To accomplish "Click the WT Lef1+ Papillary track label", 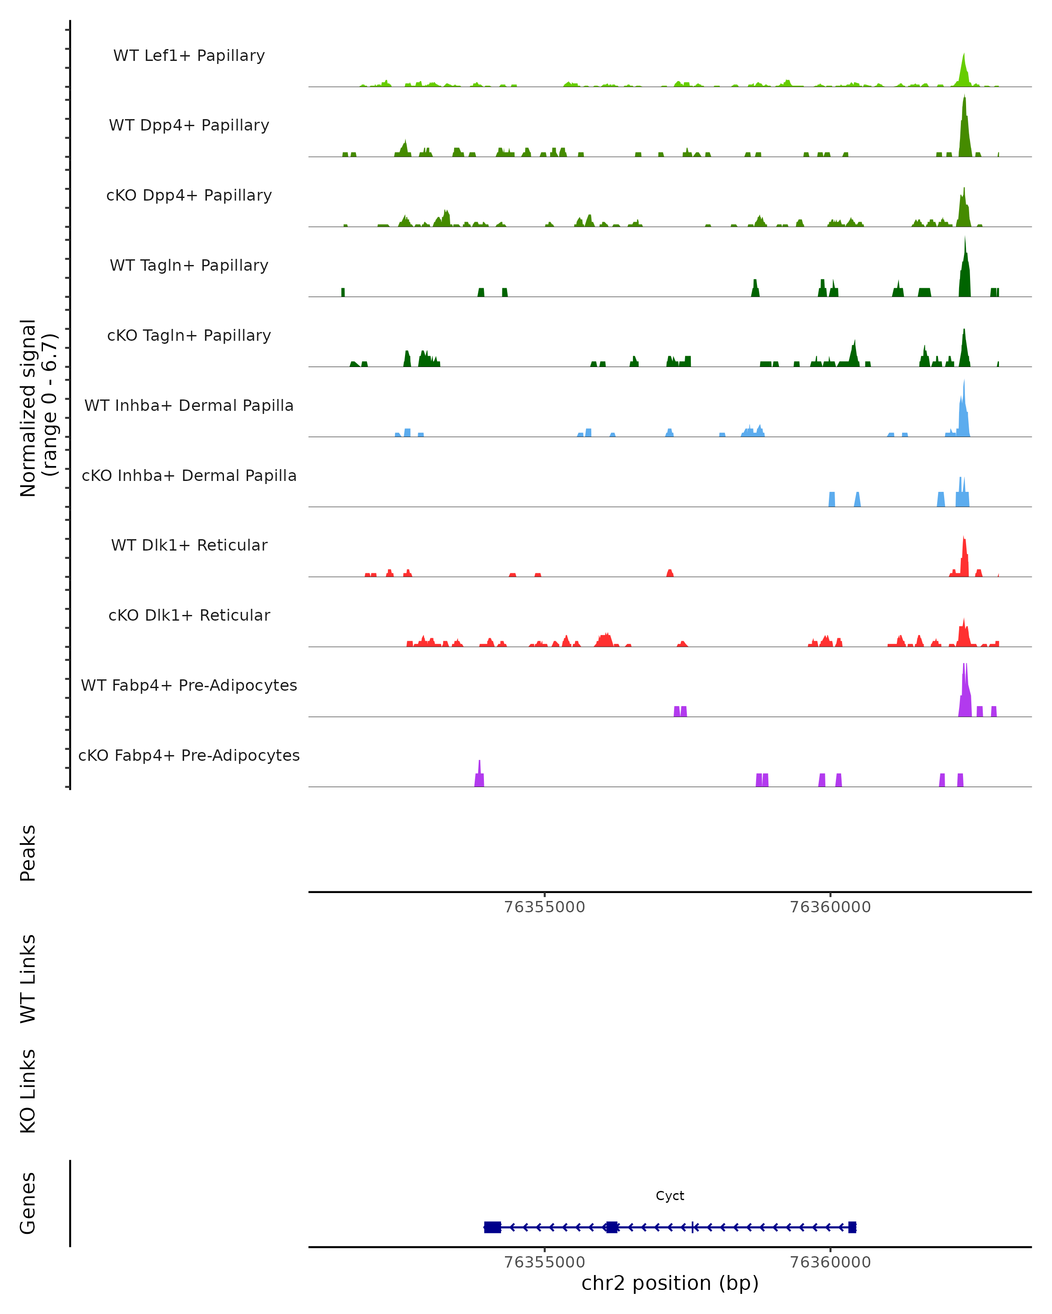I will [189, 56].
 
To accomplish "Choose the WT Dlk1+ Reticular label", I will [189, 545].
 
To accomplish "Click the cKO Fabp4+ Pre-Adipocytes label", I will [189, 755].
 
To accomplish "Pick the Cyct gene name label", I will [670, 1196].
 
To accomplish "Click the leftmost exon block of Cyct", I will [492, 1227].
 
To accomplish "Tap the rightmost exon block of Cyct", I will [852, 1227].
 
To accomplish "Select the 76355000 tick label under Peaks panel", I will [544, 907].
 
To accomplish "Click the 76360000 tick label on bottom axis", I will [830, 1262].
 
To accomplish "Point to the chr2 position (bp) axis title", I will [670, 1283].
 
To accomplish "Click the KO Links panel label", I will [28, 1091].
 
